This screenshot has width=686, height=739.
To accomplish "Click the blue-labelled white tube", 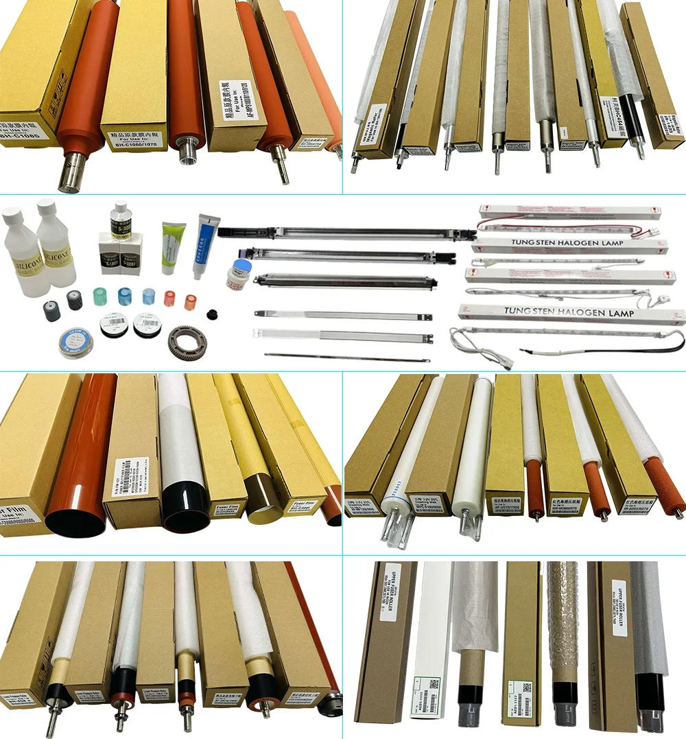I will click(x=205, y=244).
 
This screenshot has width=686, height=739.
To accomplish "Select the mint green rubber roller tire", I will click(x=99, y=297).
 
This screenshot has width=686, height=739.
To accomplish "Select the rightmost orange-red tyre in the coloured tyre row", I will click(x=190, y=300).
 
